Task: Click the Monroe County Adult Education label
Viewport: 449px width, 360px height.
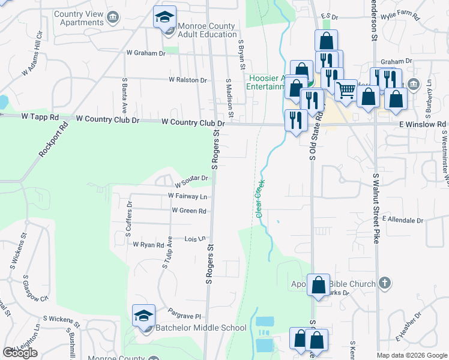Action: pyautogui.click(x=208, y=30)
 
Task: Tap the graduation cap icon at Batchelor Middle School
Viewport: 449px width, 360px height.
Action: pyautogui.click(x=144, y=316)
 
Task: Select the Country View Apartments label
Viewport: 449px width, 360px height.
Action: pyautogui.click(x=79, y=18)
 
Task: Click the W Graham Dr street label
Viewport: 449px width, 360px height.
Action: pyautogui.click(x=145, y=53)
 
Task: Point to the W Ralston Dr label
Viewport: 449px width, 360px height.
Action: pyautogui.click(x=187, y=80)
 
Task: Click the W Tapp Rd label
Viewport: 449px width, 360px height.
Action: pyautogui.click(x=40, y=118)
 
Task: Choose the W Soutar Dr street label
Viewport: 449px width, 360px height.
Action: pyautogui.click(x=191, y=178)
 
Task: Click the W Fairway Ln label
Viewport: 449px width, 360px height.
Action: pyautogui.click(x=187, y=196)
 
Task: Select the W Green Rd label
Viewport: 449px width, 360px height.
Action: pyautogui.click(x=188, y=211)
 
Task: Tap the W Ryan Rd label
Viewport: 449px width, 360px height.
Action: pyautogui.click(x=148, y=245)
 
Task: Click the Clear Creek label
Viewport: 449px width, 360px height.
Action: pyautogui.click(x=259, y=201)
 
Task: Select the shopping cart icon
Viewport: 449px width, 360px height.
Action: pyautogui.click(x=346, y=90)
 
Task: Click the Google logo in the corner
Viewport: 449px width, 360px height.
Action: pyautogui.click(x=20, y=353)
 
